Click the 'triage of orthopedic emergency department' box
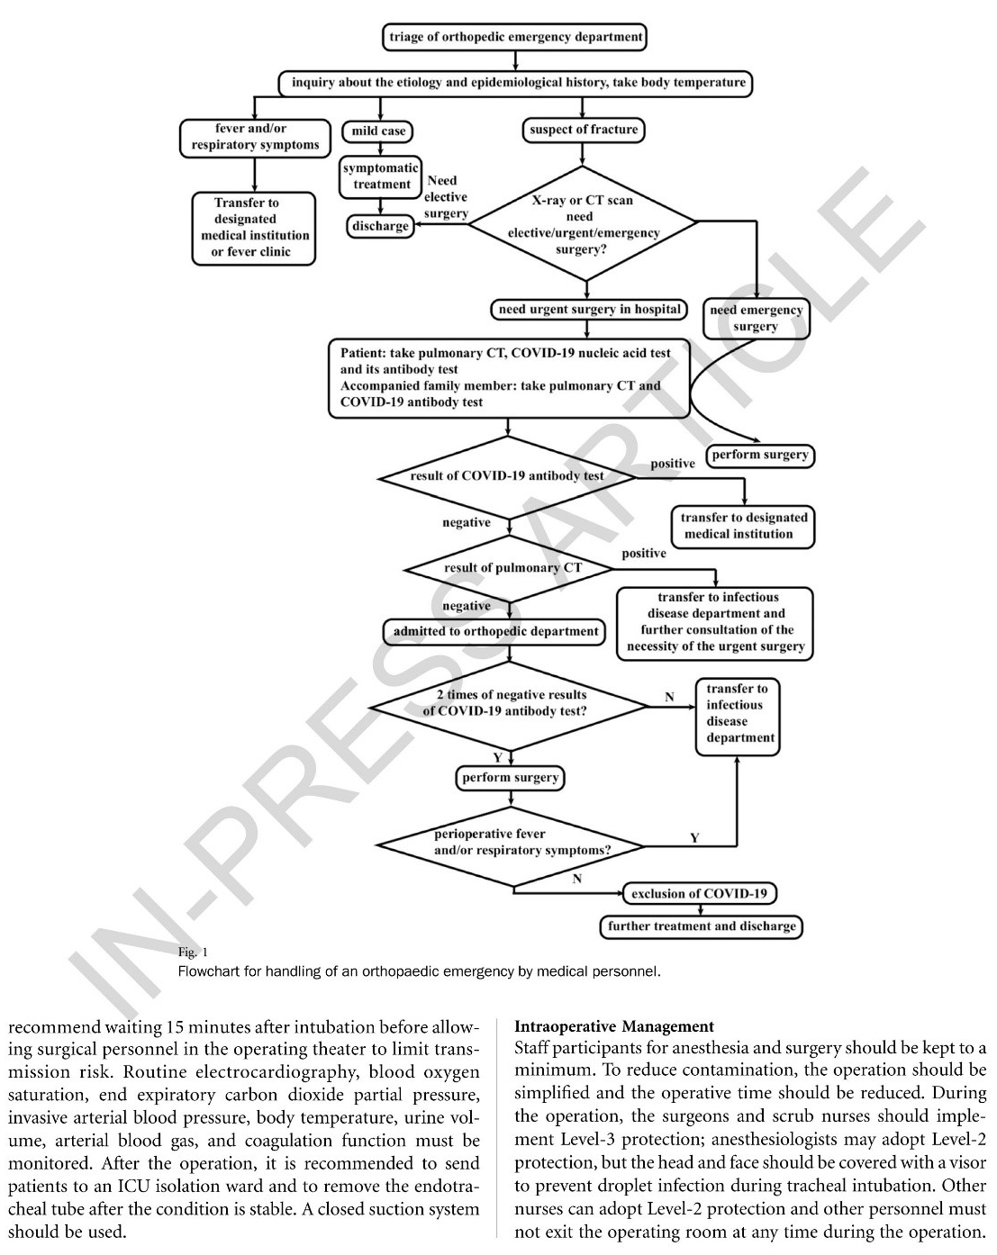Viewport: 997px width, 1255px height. point(516,37)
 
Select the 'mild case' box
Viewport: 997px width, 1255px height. point(378,131)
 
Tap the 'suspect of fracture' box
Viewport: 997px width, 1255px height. point(584,130)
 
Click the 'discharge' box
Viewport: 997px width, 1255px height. point(380,226)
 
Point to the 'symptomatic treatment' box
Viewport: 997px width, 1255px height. point(381,176)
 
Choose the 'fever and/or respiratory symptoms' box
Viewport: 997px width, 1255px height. point(255,137)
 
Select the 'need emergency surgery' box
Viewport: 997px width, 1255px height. point(756,318)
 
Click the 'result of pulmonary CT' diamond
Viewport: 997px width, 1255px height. point(512,568)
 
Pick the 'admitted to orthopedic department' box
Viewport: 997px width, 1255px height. point(495,632)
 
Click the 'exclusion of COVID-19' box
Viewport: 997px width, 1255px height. point(699,894)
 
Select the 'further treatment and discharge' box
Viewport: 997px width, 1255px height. point(702,926)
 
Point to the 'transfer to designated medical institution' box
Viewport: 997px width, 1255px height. point(744,526)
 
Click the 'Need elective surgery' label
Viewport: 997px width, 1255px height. point(446,197)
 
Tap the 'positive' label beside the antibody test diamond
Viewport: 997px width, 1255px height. point(673,464)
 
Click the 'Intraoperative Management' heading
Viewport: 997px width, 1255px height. point(613,1026)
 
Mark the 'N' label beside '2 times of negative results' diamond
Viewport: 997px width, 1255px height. point(669,697)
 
